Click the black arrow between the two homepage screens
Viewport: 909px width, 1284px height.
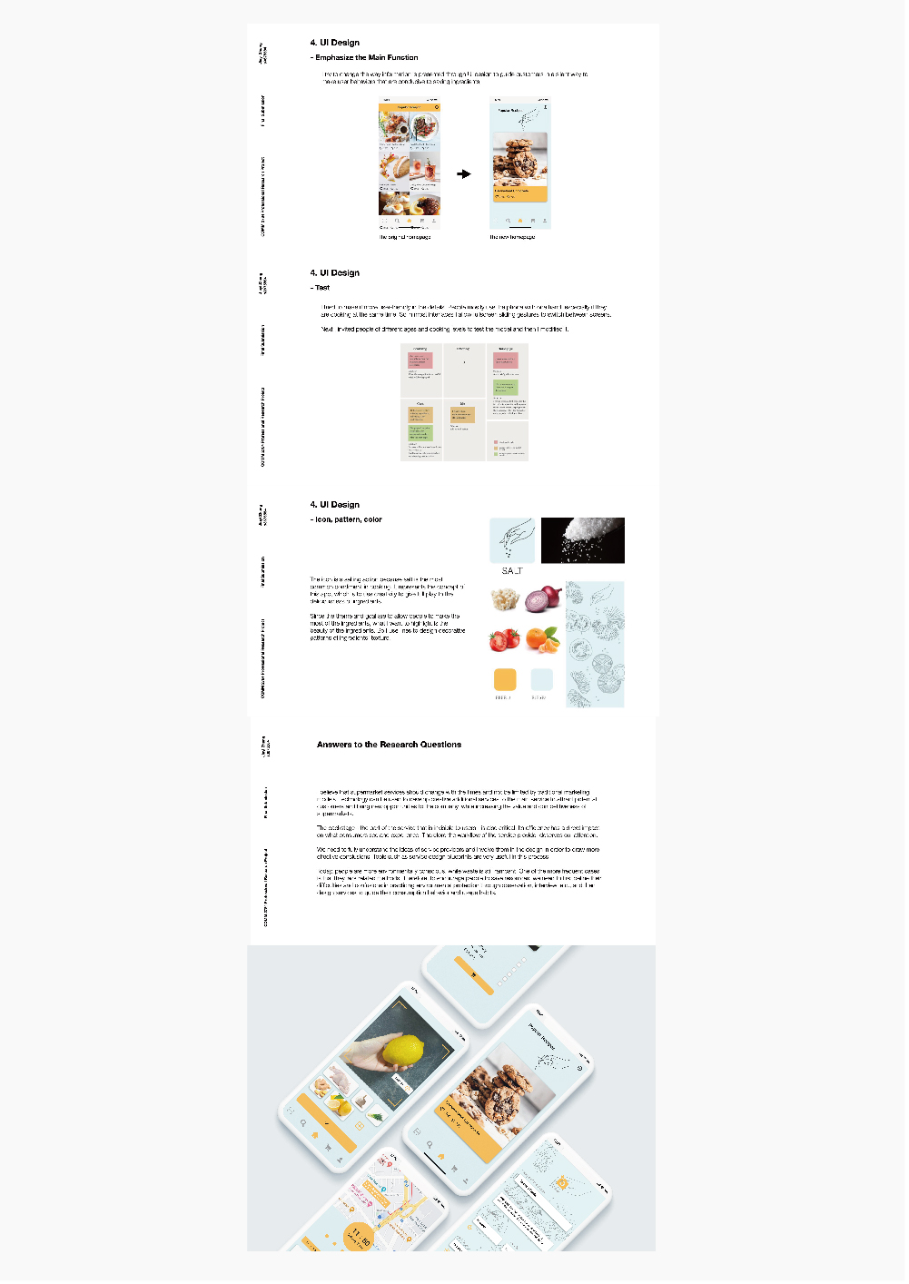coord(464,173)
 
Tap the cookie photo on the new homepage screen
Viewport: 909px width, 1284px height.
coord(519,160)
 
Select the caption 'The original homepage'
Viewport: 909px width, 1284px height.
coord(405,237)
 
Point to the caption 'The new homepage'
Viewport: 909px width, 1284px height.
coord(512,237)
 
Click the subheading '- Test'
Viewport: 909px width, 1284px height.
coord(321,287)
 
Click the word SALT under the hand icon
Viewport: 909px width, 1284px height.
coord(512,571)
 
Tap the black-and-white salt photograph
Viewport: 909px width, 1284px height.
coord(582,540)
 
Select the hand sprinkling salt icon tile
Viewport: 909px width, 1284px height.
coord(512,540)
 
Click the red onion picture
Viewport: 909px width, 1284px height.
coord(543,599)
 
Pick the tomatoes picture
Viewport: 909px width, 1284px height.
coord(504,639)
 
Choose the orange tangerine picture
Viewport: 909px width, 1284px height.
coord(543,639)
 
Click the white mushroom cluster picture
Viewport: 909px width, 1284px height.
coord(504,599)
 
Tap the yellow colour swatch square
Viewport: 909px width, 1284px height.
coord(504,679)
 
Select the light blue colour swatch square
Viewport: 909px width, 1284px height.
coord(541,679)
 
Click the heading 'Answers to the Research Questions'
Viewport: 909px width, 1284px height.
coord(389,745)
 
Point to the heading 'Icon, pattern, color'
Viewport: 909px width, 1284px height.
coord(348,519)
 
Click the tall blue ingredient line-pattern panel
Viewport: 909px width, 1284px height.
coord(595,644)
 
